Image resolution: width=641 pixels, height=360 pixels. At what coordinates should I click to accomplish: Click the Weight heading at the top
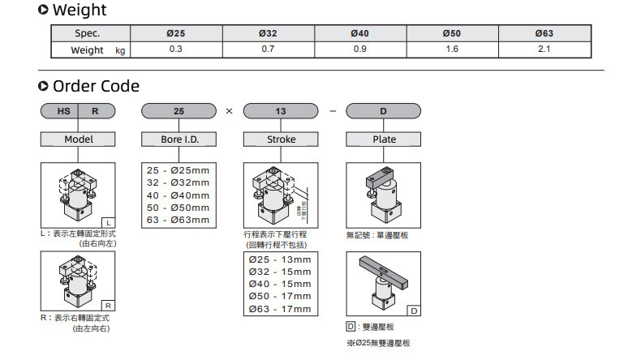(78, 11)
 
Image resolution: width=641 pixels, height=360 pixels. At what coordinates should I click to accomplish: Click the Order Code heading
(95, 86)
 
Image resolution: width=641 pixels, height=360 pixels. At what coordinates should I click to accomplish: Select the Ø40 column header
(359, 33)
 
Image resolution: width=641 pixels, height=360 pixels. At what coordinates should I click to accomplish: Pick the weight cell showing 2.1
(544, 49)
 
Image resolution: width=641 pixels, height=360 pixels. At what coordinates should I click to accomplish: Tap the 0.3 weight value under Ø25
(175, 49)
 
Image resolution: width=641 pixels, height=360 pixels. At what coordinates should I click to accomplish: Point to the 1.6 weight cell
(452, 49)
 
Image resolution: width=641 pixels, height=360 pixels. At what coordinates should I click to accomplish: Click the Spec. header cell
(88, 33)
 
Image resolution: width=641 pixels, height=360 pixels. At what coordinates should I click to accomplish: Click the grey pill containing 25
(179, 112)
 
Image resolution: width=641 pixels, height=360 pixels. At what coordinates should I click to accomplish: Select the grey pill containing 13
(281, 112)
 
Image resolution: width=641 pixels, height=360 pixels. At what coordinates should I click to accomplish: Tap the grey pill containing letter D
(384, 112)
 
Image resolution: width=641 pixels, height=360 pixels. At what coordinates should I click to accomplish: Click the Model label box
(79, 139)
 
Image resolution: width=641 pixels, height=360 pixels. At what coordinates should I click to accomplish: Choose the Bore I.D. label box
(179, 139)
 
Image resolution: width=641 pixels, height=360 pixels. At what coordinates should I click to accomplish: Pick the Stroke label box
(281, 139)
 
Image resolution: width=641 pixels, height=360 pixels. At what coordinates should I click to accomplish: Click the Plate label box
(384, 139)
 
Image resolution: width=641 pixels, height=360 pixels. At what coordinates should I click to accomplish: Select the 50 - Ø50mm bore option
(177, 207)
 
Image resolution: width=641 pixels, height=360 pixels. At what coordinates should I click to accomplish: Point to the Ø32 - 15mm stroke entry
(280, 272)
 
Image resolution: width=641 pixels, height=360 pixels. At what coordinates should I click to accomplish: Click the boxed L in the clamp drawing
(109, 222)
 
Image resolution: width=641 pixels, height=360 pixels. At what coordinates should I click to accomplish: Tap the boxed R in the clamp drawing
(109, 306)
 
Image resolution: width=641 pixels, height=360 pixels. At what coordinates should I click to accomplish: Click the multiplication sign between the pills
(229, 112)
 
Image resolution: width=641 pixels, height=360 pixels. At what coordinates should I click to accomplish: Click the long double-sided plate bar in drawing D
(383, 272)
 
